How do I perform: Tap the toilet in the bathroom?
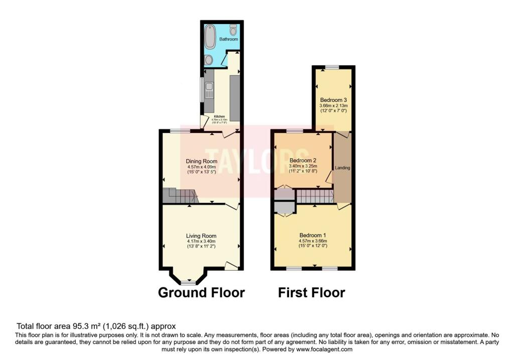pos(233,29)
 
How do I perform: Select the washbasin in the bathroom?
pos(208,60)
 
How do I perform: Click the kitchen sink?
pos(210,91)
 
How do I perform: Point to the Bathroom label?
pos(228,39)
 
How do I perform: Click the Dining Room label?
pos(201,161)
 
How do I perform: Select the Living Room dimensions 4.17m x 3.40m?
pos(201,242)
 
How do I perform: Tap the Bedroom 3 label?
pos(334,100)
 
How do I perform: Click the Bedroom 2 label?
pos(303,161)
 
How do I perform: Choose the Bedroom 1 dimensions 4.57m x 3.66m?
pos(313,241)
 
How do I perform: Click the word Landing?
pos(343,168)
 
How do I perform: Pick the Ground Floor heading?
pos(201,292)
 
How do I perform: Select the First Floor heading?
pos(312,292)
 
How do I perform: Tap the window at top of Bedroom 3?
pos(331,67)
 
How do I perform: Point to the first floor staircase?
pos(315,196)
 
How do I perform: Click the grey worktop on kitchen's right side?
pos(234,95)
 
